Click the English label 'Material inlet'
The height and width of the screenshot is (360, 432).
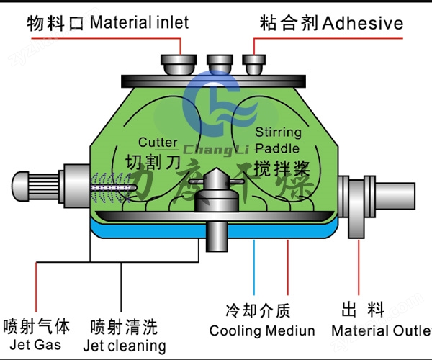coord(140,22)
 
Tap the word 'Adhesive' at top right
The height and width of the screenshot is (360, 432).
coord(363,23)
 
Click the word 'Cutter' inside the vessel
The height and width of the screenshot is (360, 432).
coord(157,143)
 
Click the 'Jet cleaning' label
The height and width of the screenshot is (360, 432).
coord(124,346)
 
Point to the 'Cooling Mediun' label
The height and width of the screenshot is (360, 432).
coord(262,331)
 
